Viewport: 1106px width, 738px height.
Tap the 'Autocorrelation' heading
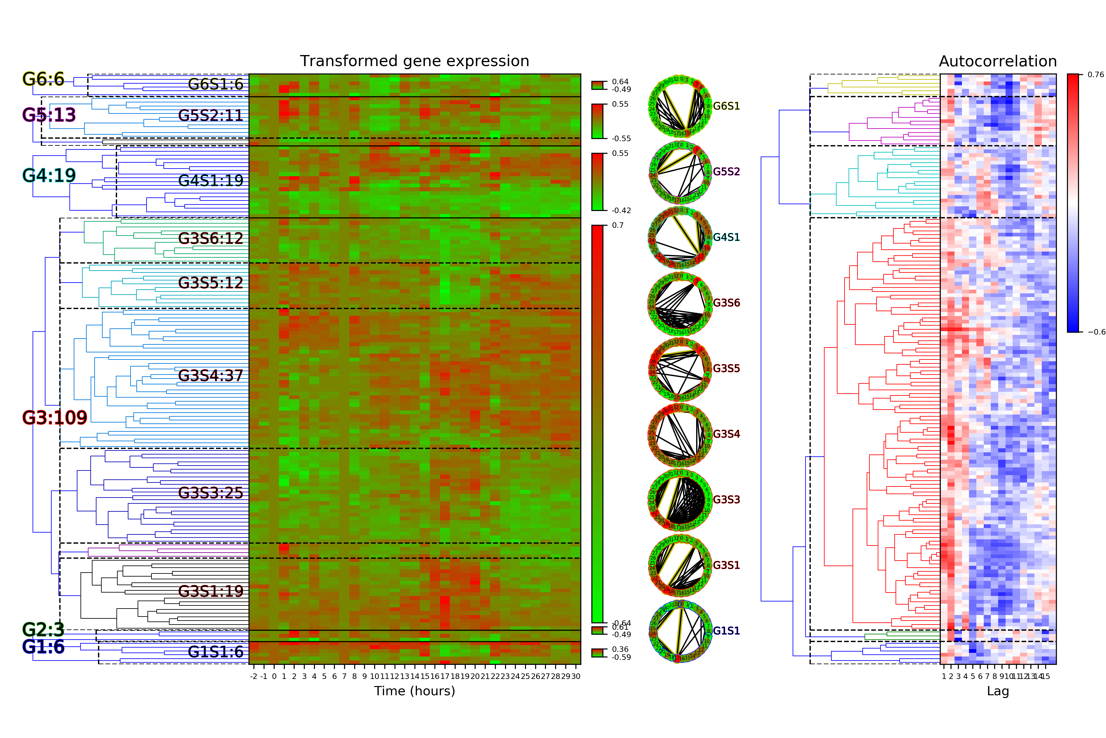coord(997,61)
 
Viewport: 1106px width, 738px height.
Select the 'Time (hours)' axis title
coord(414,691)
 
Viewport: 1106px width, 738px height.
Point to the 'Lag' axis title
coord(998,691)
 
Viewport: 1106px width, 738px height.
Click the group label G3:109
coord(55,418)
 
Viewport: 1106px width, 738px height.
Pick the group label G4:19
coord(49,176)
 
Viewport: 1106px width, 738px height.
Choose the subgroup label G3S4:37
coord(211,375)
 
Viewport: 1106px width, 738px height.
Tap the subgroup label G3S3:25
coord(211,493)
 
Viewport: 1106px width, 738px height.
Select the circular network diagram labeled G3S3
coord(679,500)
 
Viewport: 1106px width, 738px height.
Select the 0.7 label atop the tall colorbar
coord(618,225)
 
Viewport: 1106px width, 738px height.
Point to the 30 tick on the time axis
coord(575,676)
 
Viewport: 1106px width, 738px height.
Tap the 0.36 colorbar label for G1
coord(620,649)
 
